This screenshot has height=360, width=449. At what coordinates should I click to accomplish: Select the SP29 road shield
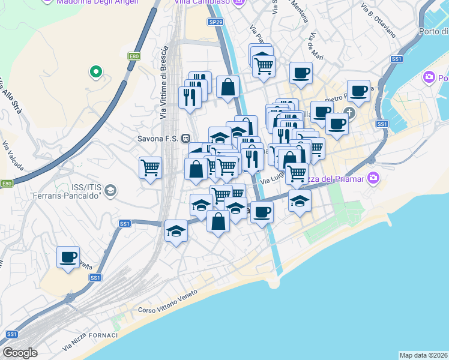(216, 22)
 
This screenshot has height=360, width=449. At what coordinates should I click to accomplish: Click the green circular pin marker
(95, 73)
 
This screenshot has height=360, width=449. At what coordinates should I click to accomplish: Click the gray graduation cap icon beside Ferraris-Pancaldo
(110, 191)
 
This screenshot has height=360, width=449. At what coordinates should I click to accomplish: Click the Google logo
(19, 352)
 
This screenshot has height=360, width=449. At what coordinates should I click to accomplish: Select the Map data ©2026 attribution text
(423, 355)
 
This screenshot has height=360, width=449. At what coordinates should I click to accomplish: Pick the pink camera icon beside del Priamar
(373, 178)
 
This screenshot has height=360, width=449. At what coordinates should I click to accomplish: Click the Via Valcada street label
(13, 153)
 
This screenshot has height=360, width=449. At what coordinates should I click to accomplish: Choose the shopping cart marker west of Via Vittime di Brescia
(150, 168)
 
